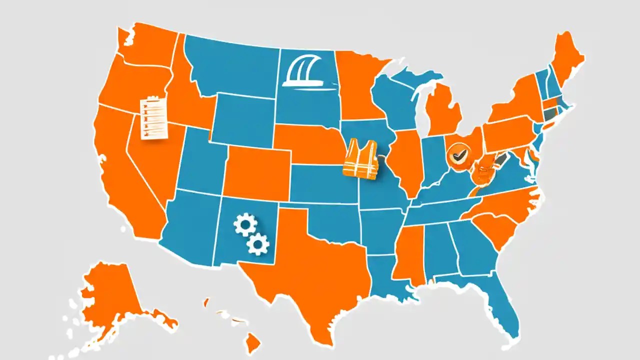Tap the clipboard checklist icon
(153, 117)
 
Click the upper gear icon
(245, 225)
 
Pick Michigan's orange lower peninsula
(442, 110)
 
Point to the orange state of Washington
(145, 47)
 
